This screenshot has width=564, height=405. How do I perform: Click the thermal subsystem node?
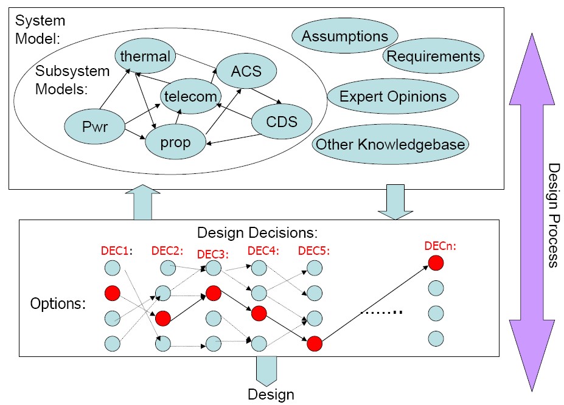click(145, 57)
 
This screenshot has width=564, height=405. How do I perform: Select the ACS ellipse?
click(246, 71)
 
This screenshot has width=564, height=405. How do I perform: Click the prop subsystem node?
click(175, 142)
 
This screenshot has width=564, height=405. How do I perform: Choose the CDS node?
click(282, 121)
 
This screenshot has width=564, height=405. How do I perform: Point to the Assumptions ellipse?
click(345, 36)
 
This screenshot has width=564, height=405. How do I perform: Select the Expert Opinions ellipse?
click(392, 96)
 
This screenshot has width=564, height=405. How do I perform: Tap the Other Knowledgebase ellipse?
click(391, 145)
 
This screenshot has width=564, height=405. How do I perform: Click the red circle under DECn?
click(435, 263)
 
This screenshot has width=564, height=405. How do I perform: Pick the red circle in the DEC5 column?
click(314, 344)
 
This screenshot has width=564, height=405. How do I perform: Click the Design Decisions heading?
click(258, 232)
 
